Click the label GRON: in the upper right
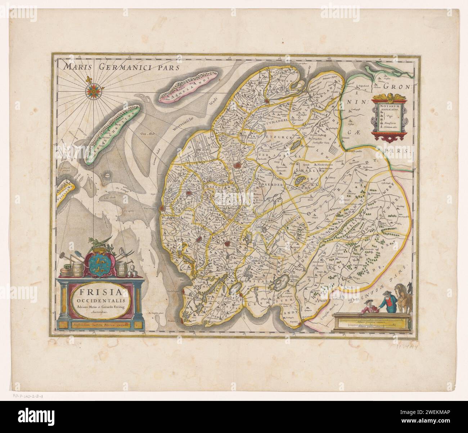tap(396, 86)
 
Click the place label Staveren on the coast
tap(174, 319)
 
